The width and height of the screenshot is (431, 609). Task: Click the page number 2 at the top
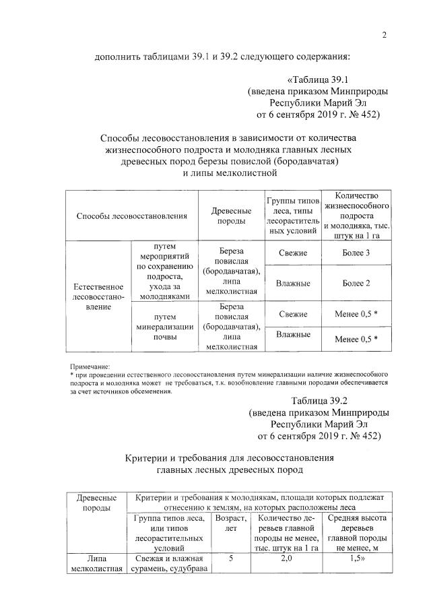[x=383, y=36]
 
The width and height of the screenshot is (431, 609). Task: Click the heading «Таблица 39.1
[x=334, y=79]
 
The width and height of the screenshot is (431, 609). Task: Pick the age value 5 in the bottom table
[x=230, y=558]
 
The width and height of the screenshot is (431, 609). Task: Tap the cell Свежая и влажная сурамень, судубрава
[x=168, y=563]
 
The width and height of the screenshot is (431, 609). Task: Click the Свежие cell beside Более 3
[x=293, y=253]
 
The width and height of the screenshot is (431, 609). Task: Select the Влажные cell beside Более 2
[x=293, y=284]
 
